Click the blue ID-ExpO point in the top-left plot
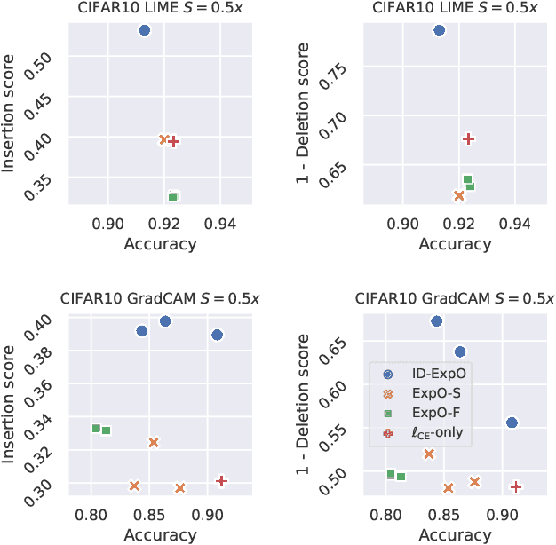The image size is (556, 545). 145,30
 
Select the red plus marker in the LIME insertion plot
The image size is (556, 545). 175,141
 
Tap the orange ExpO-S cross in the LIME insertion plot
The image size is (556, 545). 164,139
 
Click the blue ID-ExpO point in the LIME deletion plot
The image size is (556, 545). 439,30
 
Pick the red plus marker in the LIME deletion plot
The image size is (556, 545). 469,138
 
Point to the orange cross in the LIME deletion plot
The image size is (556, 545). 459,196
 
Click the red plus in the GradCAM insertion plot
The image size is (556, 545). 222,481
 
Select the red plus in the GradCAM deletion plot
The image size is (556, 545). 516,486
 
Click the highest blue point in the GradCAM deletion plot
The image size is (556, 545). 436,321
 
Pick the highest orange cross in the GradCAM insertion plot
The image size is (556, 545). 154,442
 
